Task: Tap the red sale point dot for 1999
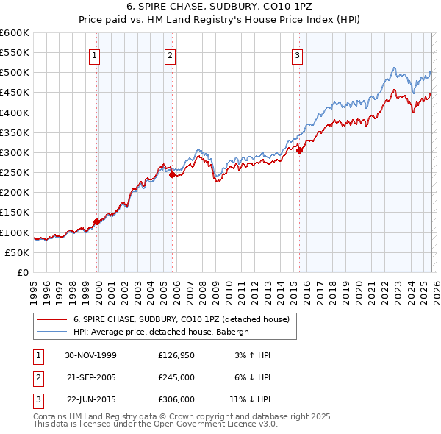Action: click(x=96, y=221)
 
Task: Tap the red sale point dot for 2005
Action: click(x=172, y=175)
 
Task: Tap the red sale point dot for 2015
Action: click(x=300, y=150)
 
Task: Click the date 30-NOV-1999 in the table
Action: click(x=90, y=355)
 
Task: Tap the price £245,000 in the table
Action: click(x=176, y=377)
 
